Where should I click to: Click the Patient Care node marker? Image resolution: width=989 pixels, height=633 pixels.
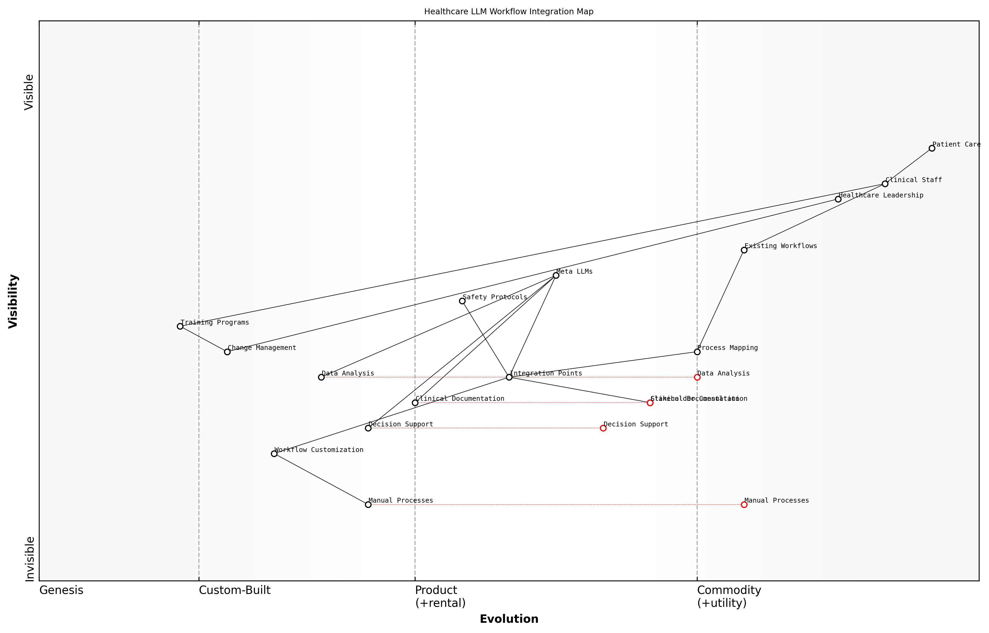pos(932,148)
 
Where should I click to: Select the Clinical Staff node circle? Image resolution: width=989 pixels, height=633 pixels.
pos(885,184)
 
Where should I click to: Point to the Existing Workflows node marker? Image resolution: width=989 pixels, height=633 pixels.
pos(744,250)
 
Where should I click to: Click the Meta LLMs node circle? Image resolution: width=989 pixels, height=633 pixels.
pos(556,275)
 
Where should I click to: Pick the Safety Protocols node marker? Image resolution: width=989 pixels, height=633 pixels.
pos(462,301)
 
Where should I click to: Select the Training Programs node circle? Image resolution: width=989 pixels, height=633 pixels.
pos(180,326)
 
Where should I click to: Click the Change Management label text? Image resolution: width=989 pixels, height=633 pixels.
pos(262,348)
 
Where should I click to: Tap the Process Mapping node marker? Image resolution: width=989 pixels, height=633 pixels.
pos(697,352)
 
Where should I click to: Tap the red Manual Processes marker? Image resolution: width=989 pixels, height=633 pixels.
pos(744,505)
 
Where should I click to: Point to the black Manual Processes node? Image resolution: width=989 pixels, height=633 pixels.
pos(368,505)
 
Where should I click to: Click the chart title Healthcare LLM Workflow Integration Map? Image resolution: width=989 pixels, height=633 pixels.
pos(509,12)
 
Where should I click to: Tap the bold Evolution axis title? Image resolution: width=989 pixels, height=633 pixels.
pos(509,619)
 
